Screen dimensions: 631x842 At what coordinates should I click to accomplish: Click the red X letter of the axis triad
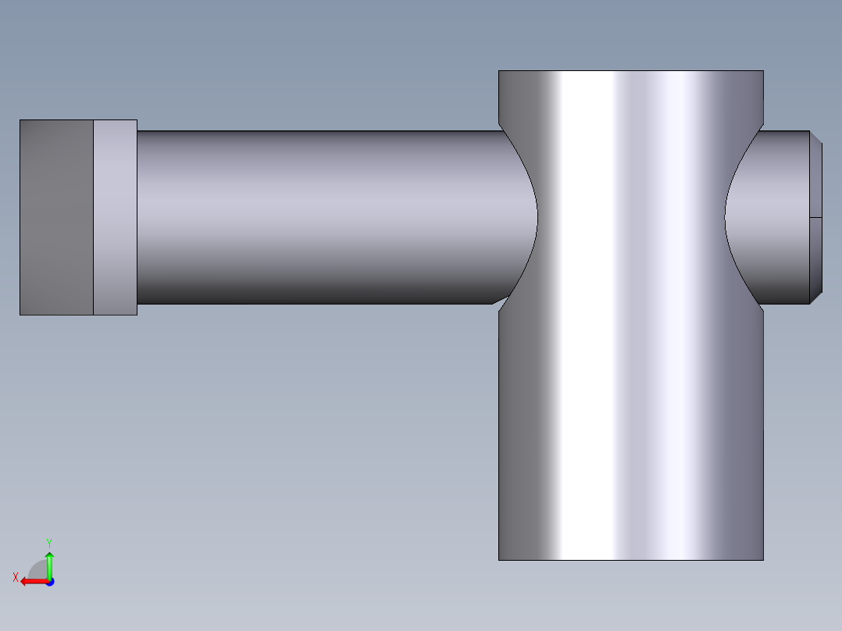(x=16, y=577)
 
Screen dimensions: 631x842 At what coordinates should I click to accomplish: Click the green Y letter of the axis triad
(x=48, y=542)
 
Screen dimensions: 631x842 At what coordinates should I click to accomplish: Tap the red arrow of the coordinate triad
(x=30, y=581)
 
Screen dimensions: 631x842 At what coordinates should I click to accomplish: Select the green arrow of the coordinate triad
(x=49, y=561)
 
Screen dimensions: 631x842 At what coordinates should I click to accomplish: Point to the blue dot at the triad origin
(x=49, y=582)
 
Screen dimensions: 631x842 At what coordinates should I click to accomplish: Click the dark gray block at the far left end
(x=56, y=217)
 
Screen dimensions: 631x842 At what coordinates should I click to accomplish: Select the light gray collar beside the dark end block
(x=115, y=217)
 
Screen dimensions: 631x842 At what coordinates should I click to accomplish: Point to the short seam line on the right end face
(x=816, y=217)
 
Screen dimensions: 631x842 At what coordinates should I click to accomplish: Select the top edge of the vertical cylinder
(x=630, y=71)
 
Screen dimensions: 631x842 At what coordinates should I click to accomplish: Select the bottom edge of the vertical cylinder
(x=630, y=560)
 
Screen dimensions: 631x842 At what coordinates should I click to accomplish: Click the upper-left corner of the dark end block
(x=20, y=120)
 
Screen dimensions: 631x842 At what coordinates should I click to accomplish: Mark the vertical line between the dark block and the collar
(x=94, y=234)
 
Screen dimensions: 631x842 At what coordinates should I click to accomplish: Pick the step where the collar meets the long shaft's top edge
(x=137, y=130)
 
